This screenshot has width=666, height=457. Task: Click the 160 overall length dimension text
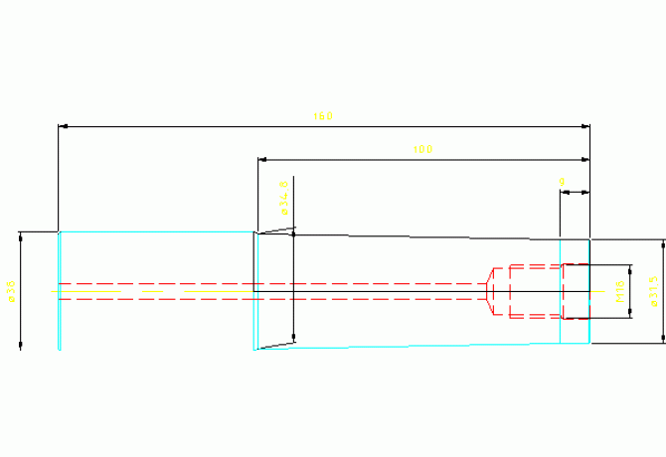tap(323, 117)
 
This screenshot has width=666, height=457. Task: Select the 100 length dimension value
tap(422, 149)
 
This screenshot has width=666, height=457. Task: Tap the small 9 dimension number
tap(563, 183)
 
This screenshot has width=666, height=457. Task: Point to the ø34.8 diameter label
tap(284, 197)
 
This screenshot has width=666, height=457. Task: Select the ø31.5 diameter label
tap(654, 291)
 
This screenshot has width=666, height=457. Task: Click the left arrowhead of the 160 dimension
tap(63, 127)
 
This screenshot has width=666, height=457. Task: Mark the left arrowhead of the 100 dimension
tap(261, 159)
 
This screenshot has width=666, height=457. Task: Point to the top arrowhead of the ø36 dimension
tap(20, 235)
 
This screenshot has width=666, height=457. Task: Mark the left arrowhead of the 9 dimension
tap(564, 194)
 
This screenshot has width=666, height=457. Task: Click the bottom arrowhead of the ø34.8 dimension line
tap(293, 338)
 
